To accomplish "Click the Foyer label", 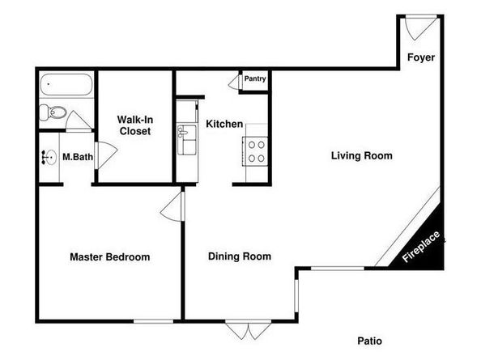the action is pos(421,57).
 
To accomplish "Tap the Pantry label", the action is pos(255,78).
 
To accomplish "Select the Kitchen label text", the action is pos(224,124).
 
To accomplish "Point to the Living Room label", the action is pos(362,155).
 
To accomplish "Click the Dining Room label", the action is pos(240,256).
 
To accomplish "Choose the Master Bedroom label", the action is pos(110,256).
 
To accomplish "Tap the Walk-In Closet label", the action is pos(135,125).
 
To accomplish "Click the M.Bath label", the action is pos(78,157).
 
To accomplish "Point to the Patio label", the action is pos(369,341).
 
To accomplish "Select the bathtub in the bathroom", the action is pos(66,84).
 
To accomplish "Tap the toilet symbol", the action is pos(53,112).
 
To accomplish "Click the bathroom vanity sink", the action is pos(49,158).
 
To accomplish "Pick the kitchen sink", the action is pos(186,139).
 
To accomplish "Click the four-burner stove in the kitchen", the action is pos(256,151).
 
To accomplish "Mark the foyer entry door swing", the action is pos(421,28).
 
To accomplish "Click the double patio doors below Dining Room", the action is pos(249,330).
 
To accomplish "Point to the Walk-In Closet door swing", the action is pos(106,155).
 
